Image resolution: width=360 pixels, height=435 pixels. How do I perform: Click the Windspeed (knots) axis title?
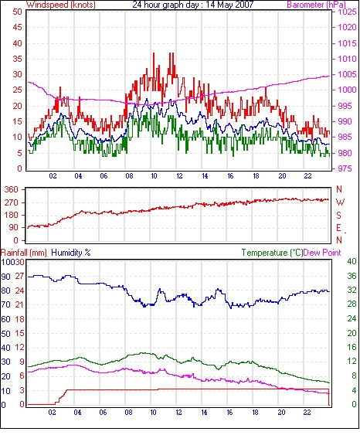coord(61,5)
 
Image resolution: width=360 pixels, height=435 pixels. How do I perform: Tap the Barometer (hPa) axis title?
coord(316,5)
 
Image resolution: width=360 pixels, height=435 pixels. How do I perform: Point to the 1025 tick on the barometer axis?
coord(347,12)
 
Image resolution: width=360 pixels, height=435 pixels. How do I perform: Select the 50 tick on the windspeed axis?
coord(17,12)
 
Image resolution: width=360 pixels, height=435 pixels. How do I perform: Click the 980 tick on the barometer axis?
coord(345,153)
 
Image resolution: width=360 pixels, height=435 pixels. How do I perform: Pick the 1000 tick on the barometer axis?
coord(347,90)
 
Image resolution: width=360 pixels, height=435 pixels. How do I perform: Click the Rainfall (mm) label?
coord(24,253)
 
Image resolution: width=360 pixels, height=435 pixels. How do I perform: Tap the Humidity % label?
coord(71,253)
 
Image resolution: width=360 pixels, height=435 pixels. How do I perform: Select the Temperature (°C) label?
coord(272,253)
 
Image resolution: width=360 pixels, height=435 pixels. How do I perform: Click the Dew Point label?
coord(322,253)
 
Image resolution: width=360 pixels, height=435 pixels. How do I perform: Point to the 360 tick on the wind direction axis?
coord(12,190)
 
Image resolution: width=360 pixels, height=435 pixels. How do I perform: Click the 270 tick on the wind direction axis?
coord(12,202)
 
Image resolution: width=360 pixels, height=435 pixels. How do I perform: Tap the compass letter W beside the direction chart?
coord(341,202)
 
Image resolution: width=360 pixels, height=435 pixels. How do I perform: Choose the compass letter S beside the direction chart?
coord(339,215)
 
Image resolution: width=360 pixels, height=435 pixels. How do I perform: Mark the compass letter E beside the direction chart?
coord(338,228)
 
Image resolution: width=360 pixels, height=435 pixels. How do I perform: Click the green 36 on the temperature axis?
coord(352,276)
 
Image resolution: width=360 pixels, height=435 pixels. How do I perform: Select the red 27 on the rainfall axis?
coord(19,277)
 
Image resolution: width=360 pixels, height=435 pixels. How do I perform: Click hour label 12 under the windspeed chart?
coord(179,176)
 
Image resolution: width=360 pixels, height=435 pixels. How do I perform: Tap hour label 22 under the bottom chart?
coord(307,413)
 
